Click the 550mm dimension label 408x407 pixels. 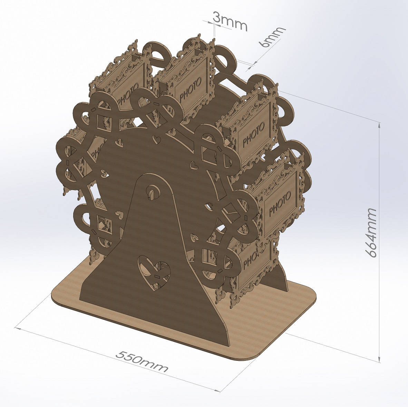(x=142, y=361)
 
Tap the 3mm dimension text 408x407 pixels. (x=230, y=21)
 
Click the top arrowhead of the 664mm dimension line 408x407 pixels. (x=380, y=124)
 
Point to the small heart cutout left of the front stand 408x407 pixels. (x=119, y=215)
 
